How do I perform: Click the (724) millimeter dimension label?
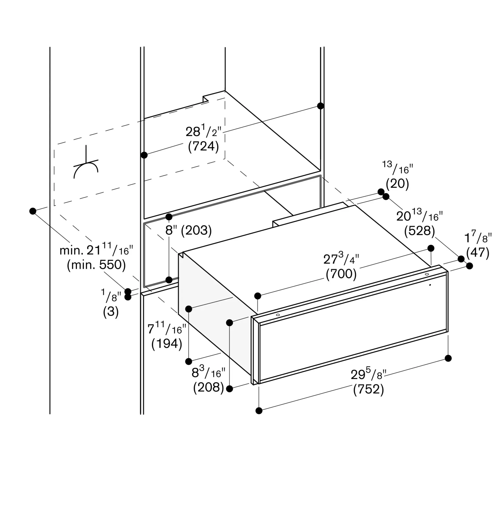click(203, 146)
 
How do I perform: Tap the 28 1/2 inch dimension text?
click(203, 131)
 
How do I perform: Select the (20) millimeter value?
click(397, 184)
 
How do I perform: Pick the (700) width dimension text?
click(341, 274)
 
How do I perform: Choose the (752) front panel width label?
click(368, 389)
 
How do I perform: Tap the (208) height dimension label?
click(209, 387)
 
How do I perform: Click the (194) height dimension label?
click(167, 344)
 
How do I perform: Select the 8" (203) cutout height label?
click(188, 230)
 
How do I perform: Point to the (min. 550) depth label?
click(96, 265)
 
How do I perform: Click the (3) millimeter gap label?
click(111, 312)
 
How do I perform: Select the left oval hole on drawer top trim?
click(278, 315)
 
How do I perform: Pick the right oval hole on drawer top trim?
click(427, 274)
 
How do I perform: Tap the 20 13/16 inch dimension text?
click(419, 216)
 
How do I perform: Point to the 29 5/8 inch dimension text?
click(368, 374)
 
